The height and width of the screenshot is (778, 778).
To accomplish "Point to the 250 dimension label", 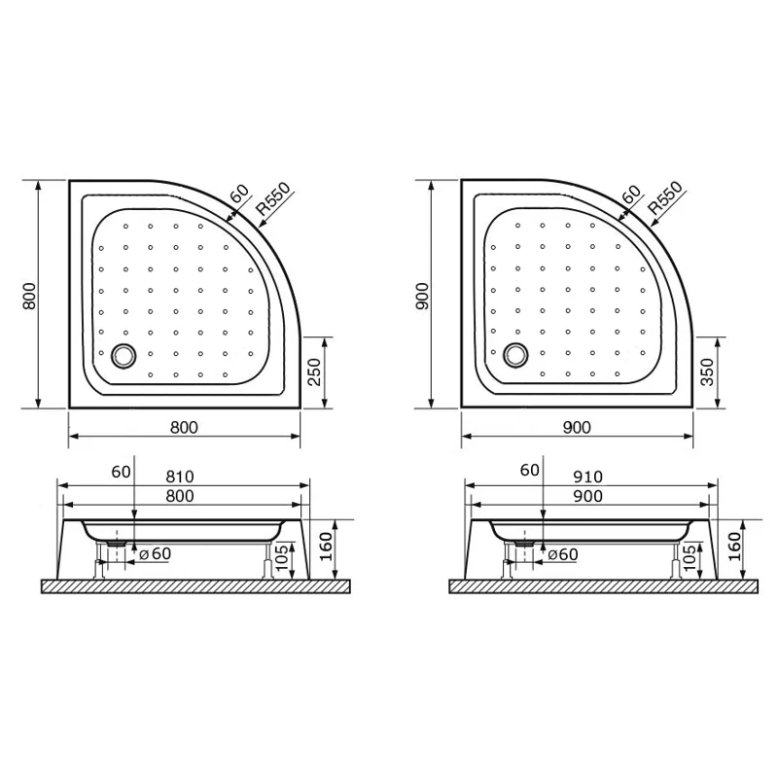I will click(313, 372).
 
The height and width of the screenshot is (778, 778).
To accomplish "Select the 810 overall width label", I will click(181, 477).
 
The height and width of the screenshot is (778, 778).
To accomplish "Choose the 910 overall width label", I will click(588, 477).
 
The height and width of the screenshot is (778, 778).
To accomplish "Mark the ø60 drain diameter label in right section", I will click(562, 554).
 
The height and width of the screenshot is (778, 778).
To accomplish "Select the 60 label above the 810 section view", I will click(121, 472).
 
